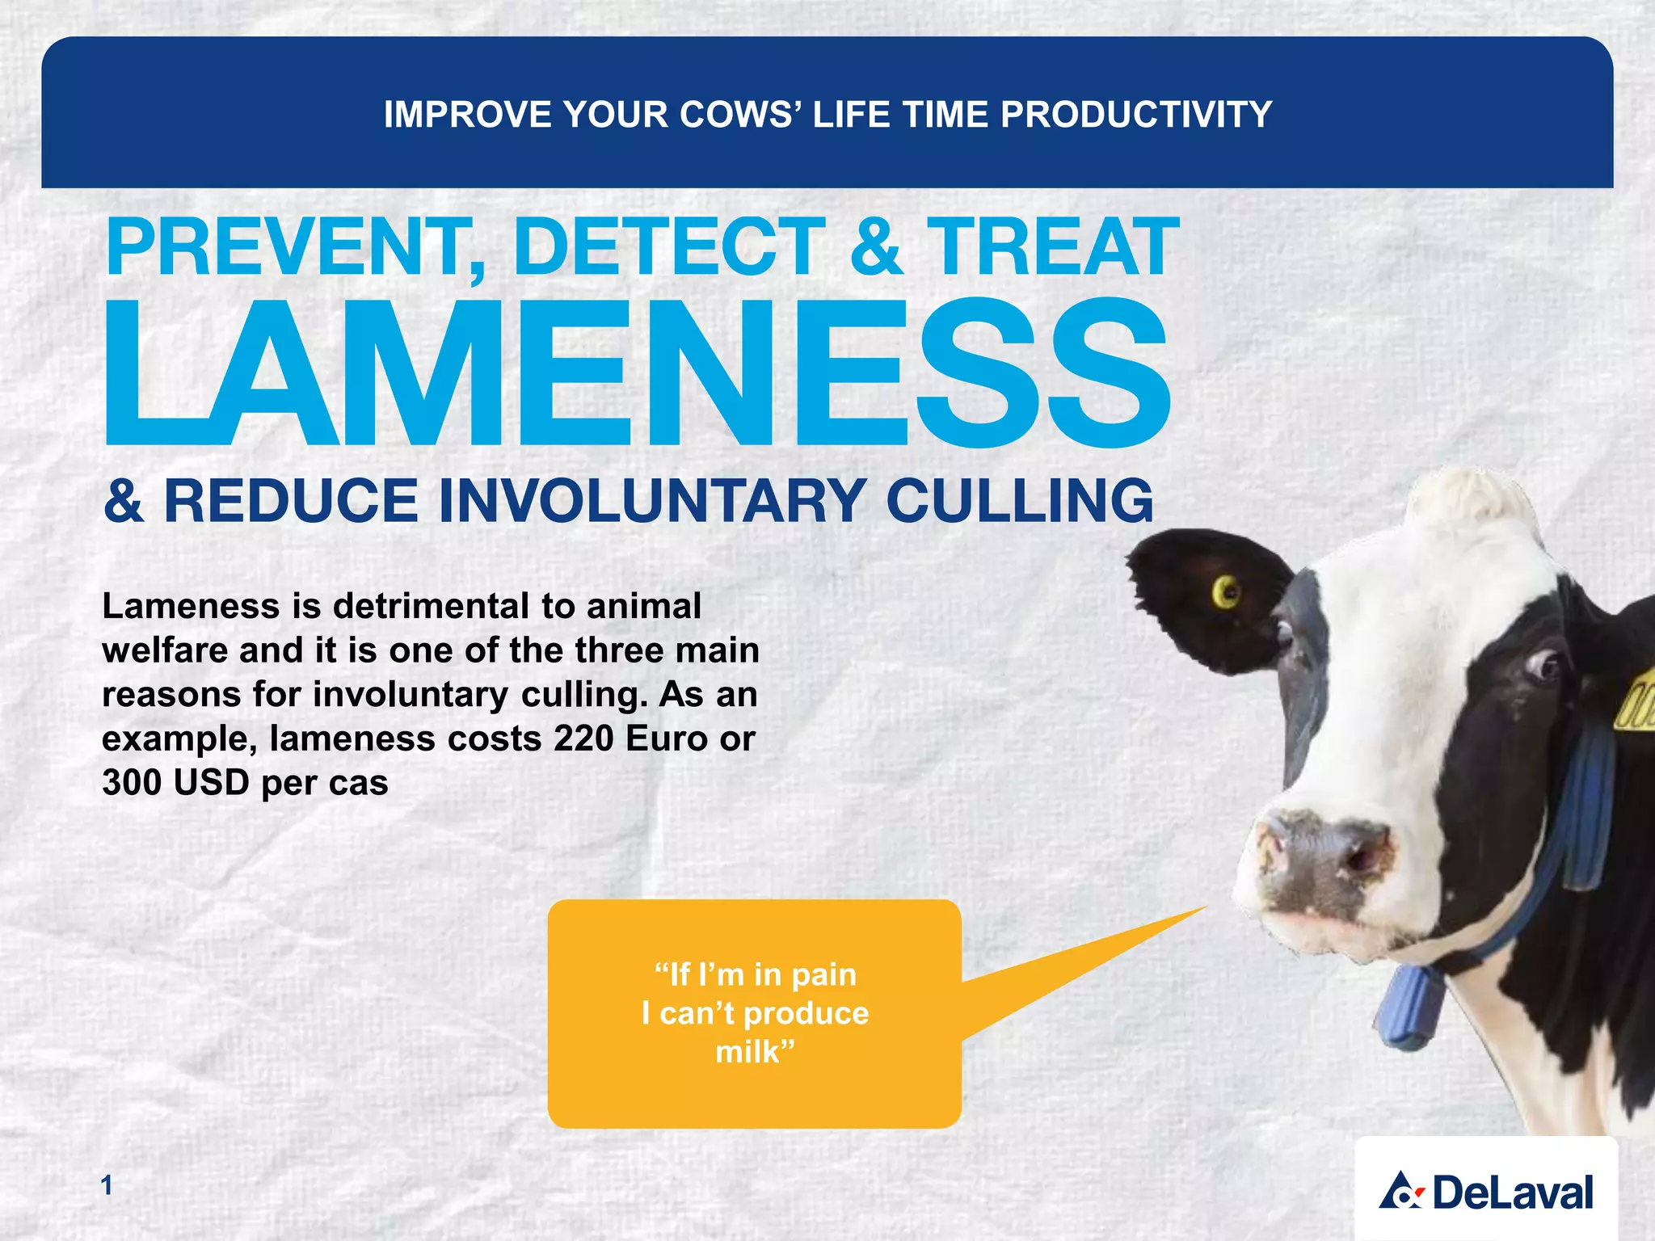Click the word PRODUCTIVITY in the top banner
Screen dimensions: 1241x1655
click(x=1136, y=115)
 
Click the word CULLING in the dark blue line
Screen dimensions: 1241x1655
click(x=1020, y=501)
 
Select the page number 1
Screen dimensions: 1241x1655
click(x=107, y=1185)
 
